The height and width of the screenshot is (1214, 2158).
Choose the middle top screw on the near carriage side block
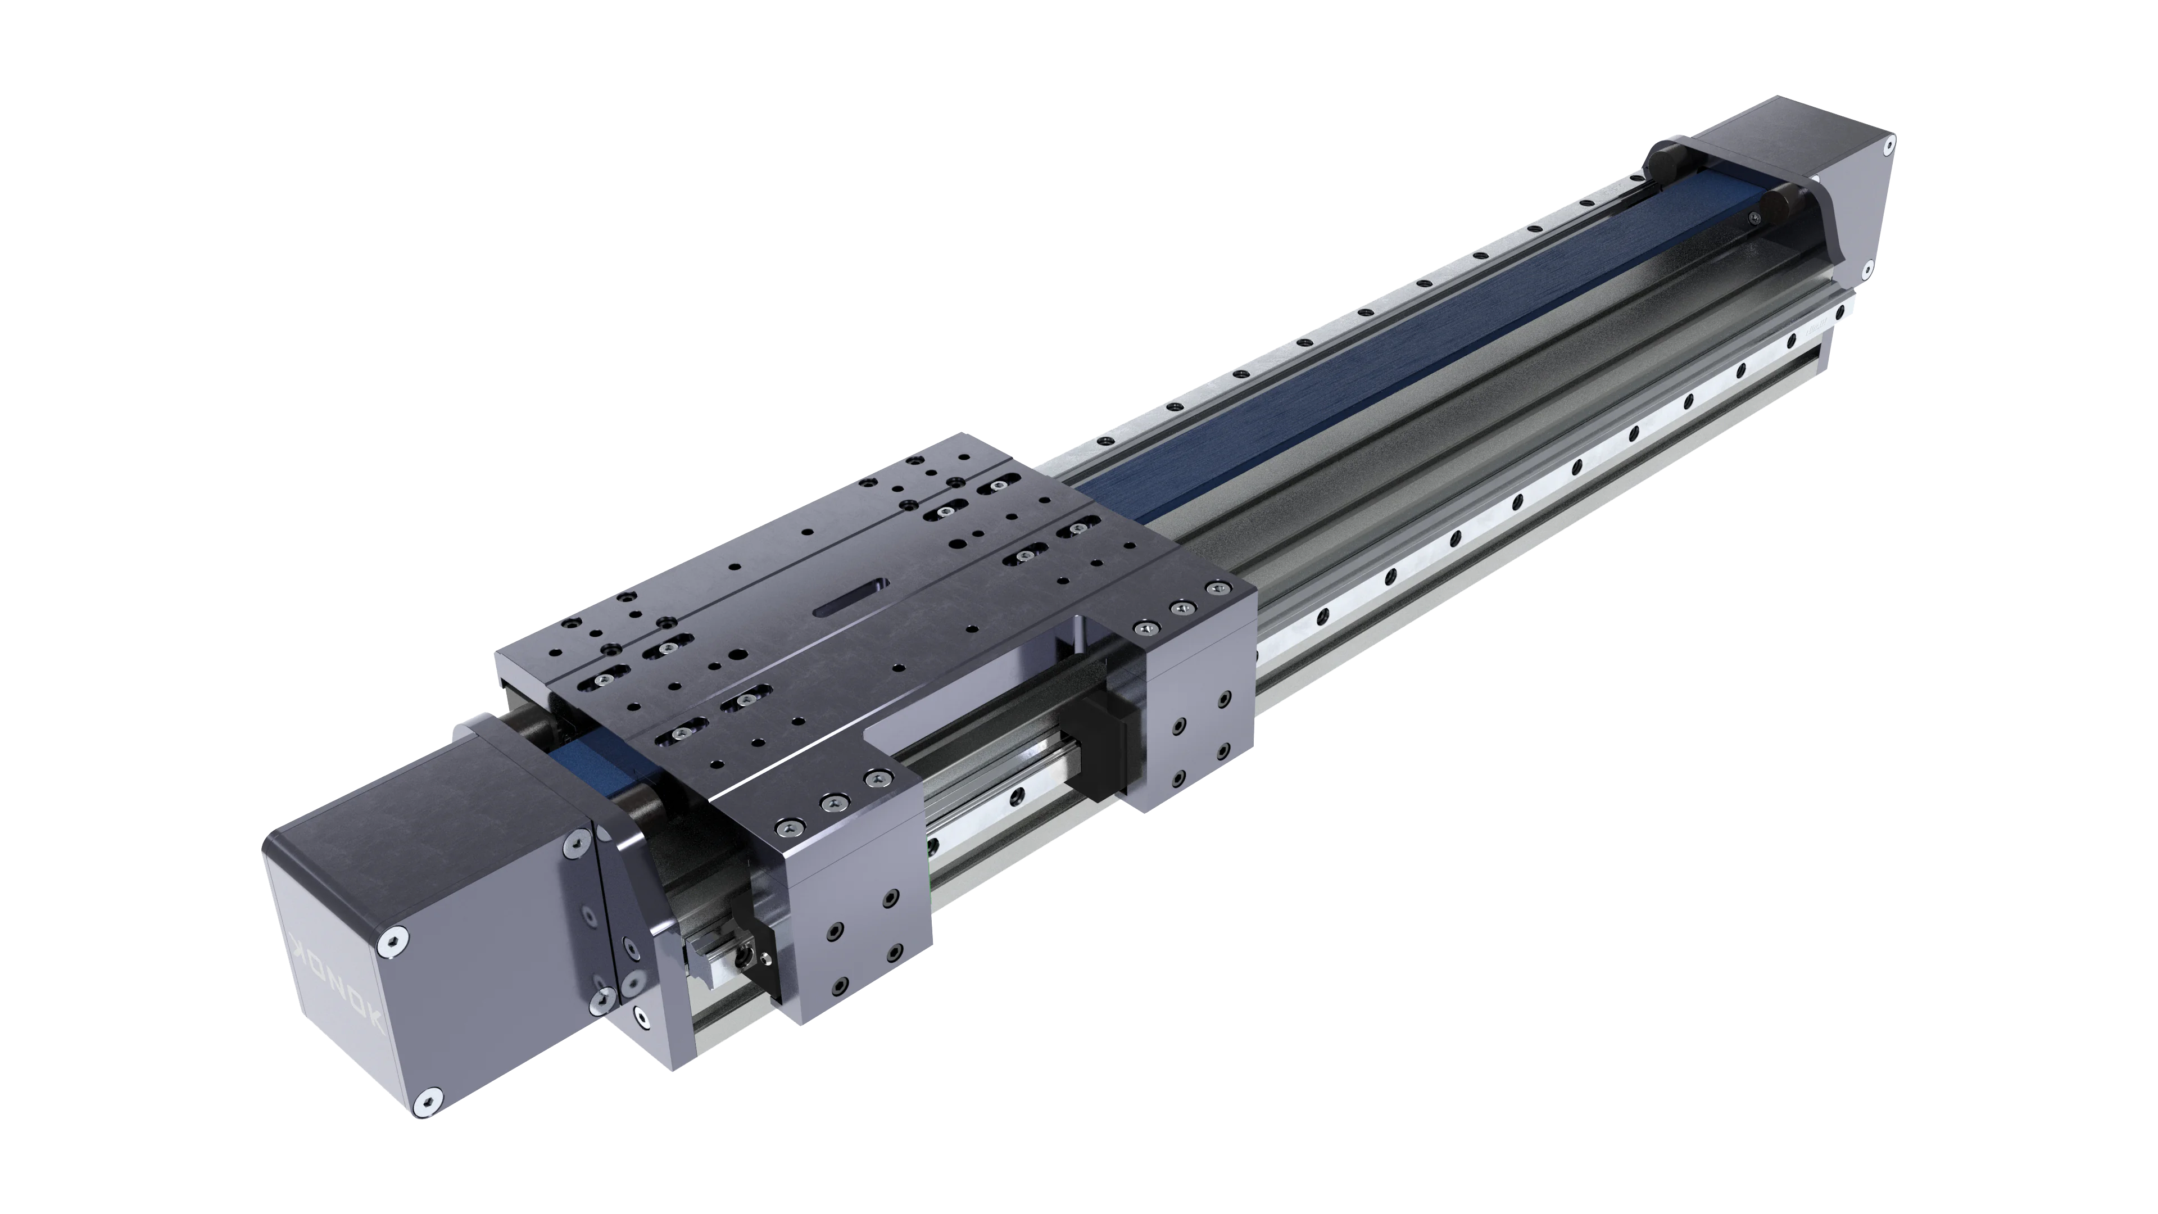click(x=832, y=803)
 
